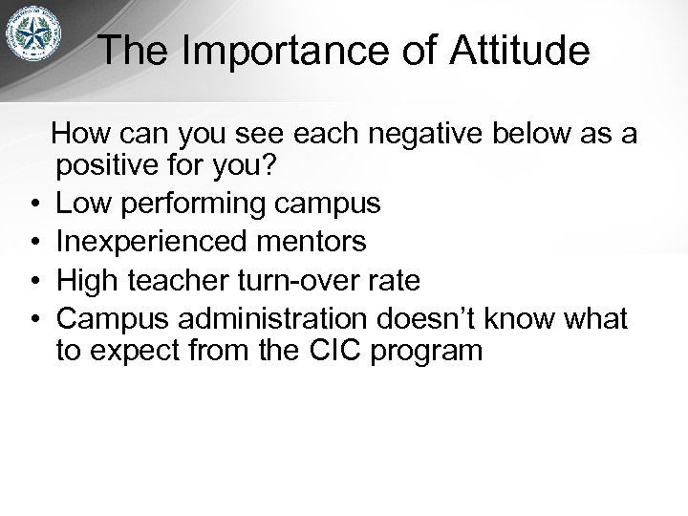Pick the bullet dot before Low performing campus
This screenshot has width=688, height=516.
(33, 204)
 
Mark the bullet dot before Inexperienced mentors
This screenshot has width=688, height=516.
(33, 242)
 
